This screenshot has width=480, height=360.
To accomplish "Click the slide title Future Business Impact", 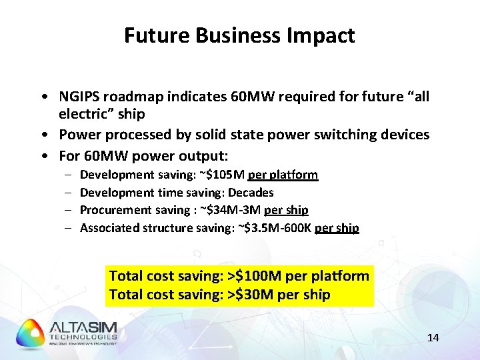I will [x=239, y=35].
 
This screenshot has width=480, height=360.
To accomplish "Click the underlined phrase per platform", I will [x=283, y=175].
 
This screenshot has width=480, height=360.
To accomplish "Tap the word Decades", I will [x=251, y=193].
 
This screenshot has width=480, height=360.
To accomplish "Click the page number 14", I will [x=433, y=338].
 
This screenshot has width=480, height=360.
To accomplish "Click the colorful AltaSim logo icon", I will [x=30, y=333].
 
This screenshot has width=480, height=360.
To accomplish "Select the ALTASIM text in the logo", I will [x=83, y=327].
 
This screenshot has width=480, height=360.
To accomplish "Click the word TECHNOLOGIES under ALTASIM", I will [x=83, y=337].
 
